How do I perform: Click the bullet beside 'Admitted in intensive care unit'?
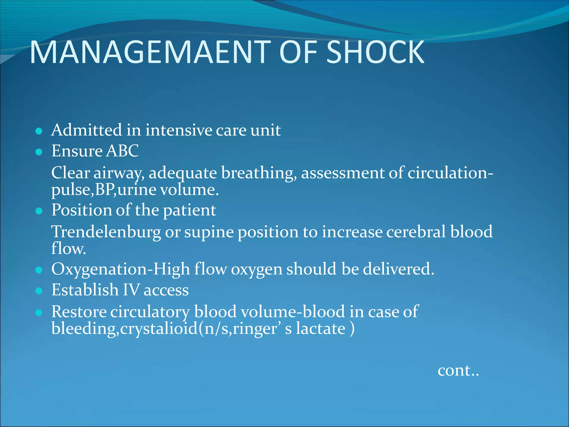click(x=39, y=131)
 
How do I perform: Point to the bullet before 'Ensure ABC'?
click(x=39, y=152)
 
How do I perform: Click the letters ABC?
click(x=123, y=151)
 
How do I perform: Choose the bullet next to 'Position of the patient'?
click(x=39, y=211)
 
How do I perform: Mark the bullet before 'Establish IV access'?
click(x=39, y=291)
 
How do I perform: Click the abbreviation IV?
click(x=131, y=290)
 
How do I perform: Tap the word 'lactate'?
click(x=321, y=329)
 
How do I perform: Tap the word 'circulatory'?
click(x=150, y=312)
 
